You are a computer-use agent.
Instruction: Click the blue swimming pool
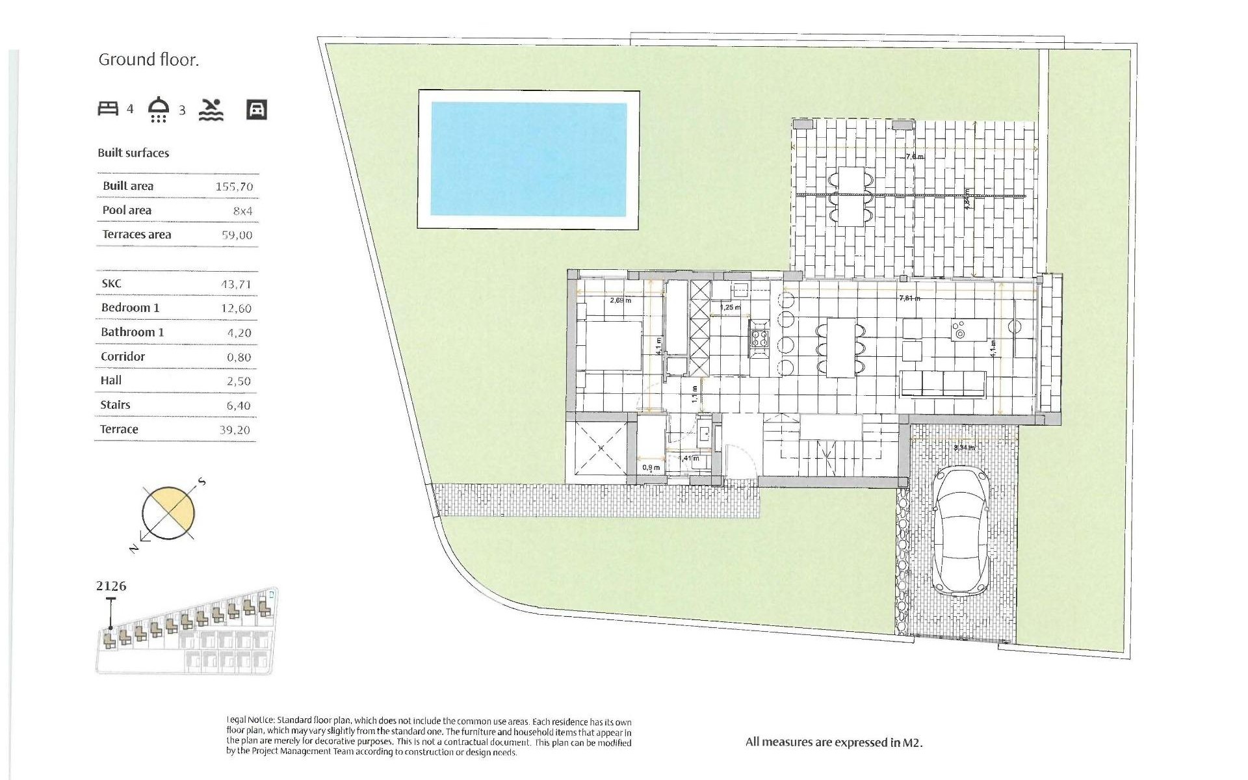coord(528,159)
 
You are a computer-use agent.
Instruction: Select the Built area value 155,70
coord(234,187)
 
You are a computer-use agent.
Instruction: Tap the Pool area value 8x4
coord(242,211)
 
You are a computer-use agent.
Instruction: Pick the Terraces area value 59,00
coord(237,235)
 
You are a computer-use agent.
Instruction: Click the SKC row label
coord(111,283)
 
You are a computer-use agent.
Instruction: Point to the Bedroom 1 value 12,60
coord(236,308)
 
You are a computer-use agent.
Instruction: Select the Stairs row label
coord(115,405)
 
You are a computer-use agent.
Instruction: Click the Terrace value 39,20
coord(235,430)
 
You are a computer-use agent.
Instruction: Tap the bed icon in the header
coord(108,109)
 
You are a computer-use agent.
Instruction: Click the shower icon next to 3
coord(159,109)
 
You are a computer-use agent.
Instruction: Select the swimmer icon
coord(211,110)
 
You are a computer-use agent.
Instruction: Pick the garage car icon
coord(257,109)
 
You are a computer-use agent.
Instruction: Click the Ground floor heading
coord(148,60)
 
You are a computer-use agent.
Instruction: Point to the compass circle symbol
coord(168,513)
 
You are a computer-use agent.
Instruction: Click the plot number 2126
coord(111,586)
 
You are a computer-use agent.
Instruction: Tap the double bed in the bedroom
coord(609,346)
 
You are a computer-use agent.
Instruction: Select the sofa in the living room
coord(943,383)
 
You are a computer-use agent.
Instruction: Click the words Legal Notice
coord(250,721)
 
